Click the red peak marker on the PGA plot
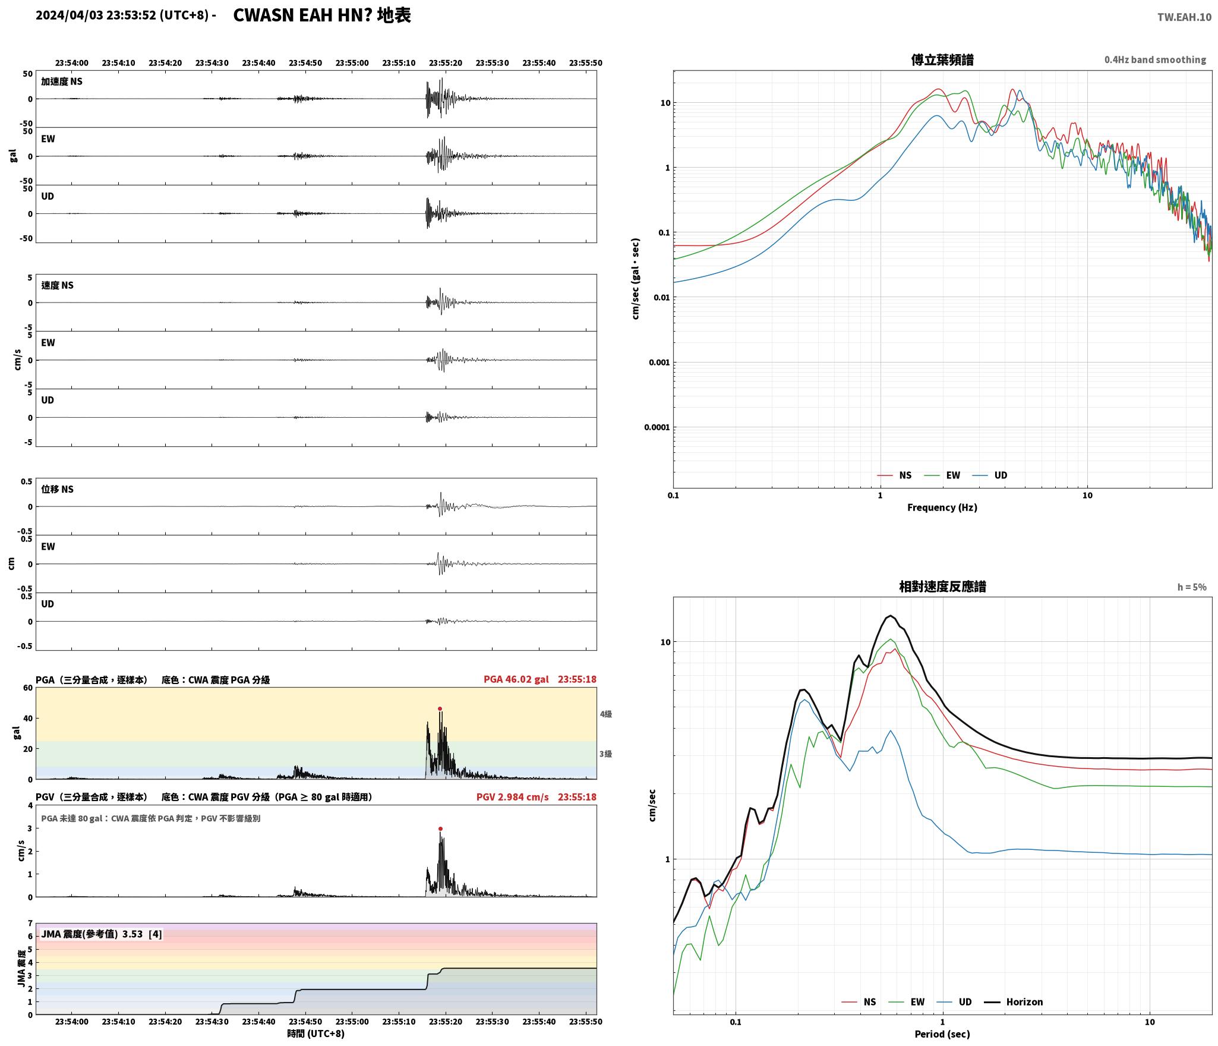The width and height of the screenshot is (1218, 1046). (x=440, y=708)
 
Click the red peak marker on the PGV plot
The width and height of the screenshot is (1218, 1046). (x=440, y=828)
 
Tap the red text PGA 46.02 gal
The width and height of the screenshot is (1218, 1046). (x=516, y=679)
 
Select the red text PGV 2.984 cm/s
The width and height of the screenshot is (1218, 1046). (x=512, y=797)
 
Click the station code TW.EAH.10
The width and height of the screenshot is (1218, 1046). (x=1184, y=17)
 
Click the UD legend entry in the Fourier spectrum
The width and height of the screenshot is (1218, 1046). (x=990, y=475)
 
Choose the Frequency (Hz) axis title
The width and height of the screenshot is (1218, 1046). (x=942, y=507)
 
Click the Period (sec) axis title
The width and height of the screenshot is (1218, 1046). (x=942, y=1034)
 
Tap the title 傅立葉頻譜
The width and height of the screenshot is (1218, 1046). (x=942, y=59)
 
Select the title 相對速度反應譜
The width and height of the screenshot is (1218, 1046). (x=942, y=586)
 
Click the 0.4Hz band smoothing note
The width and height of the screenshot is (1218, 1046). (x=1155, y=60)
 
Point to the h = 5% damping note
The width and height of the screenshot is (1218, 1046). (x=1192, y=587)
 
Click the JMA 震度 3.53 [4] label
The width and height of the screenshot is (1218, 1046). (x=101, y=934)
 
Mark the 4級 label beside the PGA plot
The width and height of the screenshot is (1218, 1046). (x=605, y=714)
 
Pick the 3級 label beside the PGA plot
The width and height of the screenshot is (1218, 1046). (x=605, y=754)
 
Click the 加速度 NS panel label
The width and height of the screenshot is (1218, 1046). (x=62, y=81)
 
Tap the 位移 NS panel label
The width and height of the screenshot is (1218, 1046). (x=57, y=489)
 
